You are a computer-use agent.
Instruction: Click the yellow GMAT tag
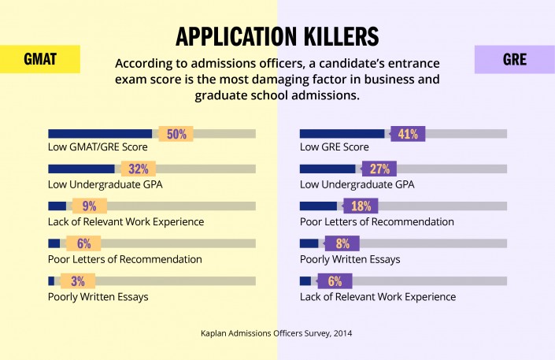click(39, 60)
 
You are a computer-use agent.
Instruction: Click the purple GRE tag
click(515, 60)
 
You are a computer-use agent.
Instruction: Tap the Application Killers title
click(277, 36)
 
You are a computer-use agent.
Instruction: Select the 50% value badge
click(176, 134)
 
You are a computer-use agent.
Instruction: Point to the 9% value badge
click(88, 206)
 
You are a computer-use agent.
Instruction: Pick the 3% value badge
click(77, 281)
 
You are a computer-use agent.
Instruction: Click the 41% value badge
click(407, 134)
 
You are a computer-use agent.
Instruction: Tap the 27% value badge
click(379, 169)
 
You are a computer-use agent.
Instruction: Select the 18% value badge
click(361, 206)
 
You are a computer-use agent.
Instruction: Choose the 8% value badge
click(342, 243)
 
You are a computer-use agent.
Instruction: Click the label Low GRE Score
click(335, 147)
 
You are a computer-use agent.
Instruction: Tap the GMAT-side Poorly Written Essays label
click(98, 297)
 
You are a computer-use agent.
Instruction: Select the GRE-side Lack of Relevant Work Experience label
click(378, 297)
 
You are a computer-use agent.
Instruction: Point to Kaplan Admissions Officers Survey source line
click(276, 333)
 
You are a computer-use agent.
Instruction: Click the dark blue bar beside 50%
click(100, 134)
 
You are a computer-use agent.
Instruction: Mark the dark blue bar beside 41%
click(342, 134)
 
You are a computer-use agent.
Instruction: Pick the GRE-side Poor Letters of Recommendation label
click(377, 222)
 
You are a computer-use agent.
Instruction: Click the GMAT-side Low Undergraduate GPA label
click(109, 184)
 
